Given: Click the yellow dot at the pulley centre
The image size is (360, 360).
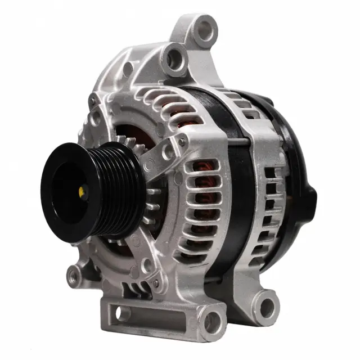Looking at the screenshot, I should click(x=83, y=192).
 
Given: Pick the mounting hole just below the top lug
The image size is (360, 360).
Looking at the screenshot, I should click(x=176, y=57).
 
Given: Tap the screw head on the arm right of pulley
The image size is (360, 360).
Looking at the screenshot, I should click(x=149, y=166).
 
